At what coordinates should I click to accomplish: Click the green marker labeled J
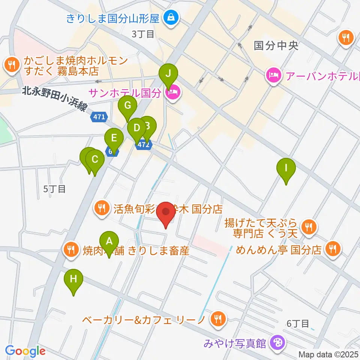point(168,73)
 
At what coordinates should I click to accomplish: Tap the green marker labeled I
point(286,167)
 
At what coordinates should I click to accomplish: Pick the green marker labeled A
point(109,241)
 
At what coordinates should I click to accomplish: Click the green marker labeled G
point(127,105)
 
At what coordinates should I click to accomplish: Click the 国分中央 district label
point(276,46)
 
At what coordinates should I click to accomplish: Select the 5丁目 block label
point(54,189)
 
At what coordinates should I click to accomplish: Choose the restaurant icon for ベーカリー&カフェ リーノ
point(217,319)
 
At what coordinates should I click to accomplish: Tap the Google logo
point(25,351)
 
